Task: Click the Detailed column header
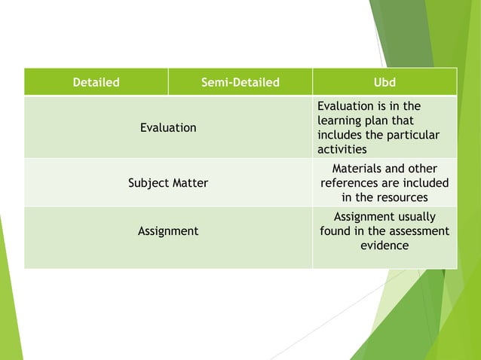pos(96,82)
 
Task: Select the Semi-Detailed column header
pos(240,82)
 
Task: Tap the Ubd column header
pos(384,82)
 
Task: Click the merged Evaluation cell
pos(168,127)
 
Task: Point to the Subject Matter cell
pos(168,182)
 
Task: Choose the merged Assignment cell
pos(168,231)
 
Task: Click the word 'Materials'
pos(358,169)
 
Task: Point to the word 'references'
pos(349,183)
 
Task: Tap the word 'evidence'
pos(384,246)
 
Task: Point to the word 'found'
pos(335,231)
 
